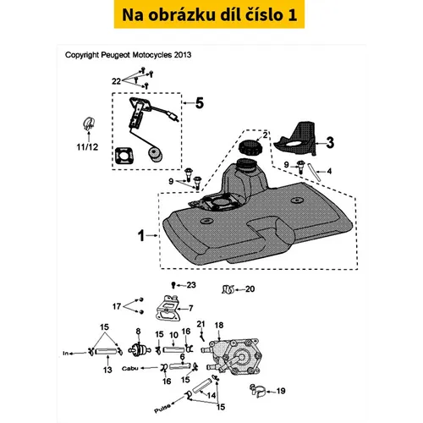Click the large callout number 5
click(x=200, y=103)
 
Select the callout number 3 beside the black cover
click(x=330, y=143)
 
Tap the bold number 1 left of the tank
click(x=141, y=236)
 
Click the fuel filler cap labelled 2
click(x=250, y=147)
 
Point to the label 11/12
click(x=87, y=147)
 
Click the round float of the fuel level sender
click(x=155, y=155)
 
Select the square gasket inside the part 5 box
click(x=124, y=156)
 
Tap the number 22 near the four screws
click(x=117, y=81)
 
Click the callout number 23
click(x=191, y=285)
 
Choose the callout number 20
click(x=250, y=289)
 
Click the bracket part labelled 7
click(x=168, y=308)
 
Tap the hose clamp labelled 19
click(x=257, y=391)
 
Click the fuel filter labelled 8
click(x=139, y=349)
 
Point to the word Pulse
click(x=162, y=409)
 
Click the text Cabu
click(x=130, y=368)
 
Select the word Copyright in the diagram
click(x=82, y=55)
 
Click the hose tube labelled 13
click(x=107, y=352)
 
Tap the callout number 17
click(x=117, y=306)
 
